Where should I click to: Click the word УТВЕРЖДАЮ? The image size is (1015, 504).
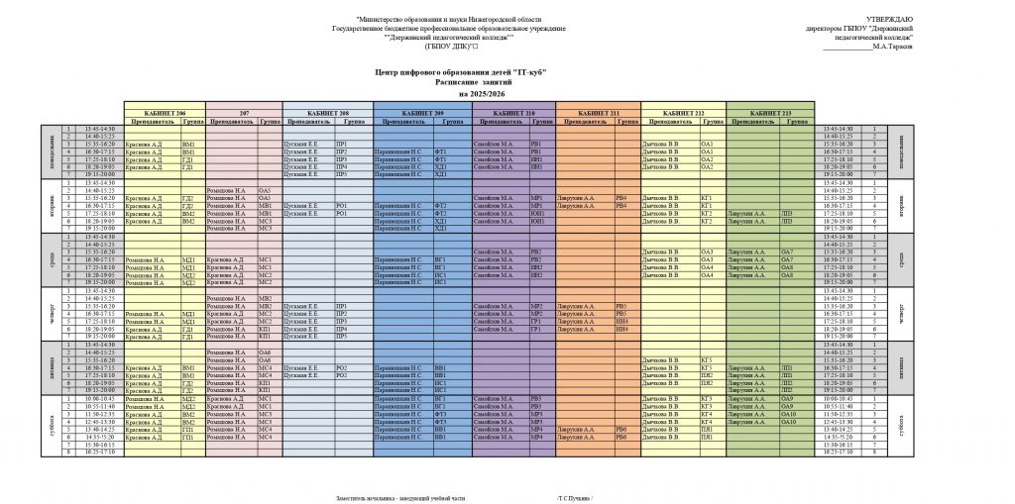(890, 20)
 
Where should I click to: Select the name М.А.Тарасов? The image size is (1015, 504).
(892, 47)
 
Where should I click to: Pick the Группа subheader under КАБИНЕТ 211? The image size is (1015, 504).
(627, 121)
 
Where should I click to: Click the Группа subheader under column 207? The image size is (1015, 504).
(269, 121)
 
